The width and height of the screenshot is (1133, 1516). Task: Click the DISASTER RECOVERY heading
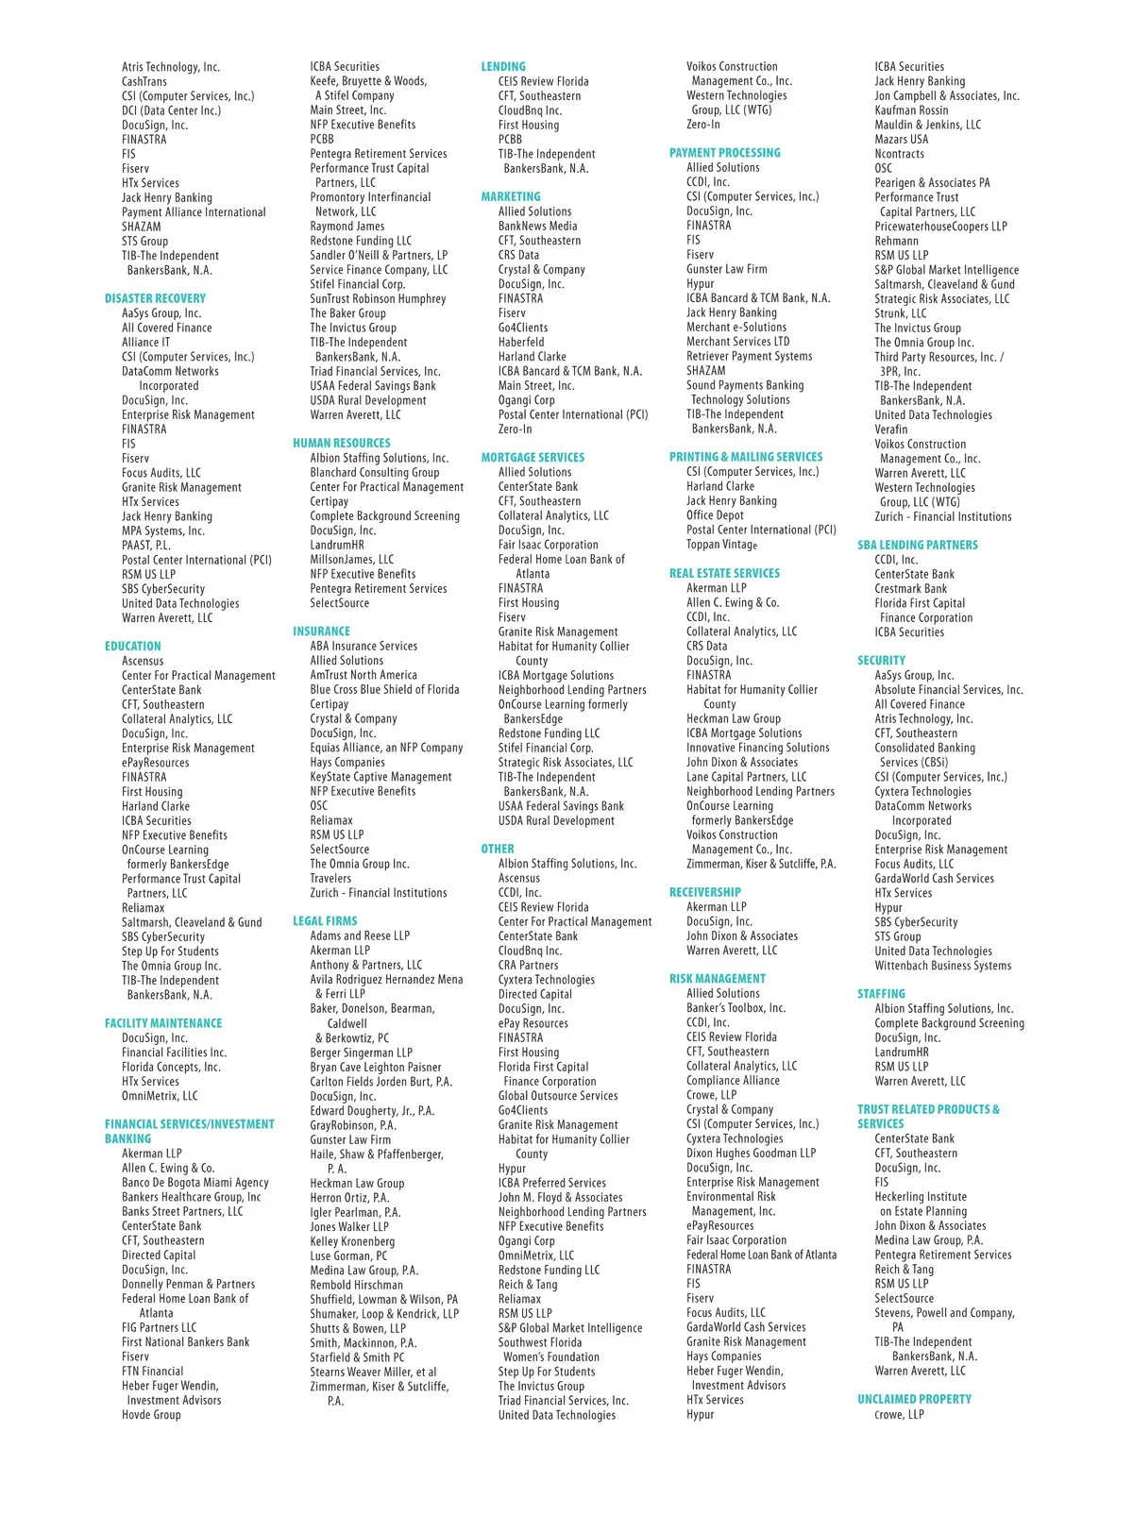pyautogui.click(x=155, y=298)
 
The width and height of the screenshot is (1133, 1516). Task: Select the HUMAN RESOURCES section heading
pyautogui.click(x=341, y=443)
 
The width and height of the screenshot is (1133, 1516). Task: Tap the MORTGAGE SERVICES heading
pyautogui.click(x=533, y=457)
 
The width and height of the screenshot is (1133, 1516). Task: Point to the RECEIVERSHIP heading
pyautogui.click(x=704, y=892)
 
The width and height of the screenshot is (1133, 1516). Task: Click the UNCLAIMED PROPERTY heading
pyautogui.click(x=914, y=1399)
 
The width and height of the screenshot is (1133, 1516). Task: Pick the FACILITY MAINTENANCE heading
pyautogui.click(x=163, y=1023)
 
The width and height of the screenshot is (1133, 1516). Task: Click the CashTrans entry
pyautogui.click(x=144, y=81)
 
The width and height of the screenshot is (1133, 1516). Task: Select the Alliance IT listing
pyautogui.click(x=146, y=342)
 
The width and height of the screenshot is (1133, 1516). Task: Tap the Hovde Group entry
pyautogui.click(x=151, y=1414)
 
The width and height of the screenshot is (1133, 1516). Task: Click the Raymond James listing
pyautogui.click(x=347, y=226)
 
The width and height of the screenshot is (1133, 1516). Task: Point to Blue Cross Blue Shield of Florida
pyautogui.click(x=384, y=689)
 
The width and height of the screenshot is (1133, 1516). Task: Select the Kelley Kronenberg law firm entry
pyautogui.click(x=352, y=1240)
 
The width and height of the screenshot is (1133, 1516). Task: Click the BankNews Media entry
pyautogui.click(x=537, y=226)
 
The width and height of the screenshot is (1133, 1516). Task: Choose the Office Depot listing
pyautogui.click(x=715, y=514)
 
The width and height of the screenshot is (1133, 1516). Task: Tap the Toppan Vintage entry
pyautogui.click(x=721, y=544)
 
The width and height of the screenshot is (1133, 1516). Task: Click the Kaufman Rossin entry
pyautogui.click(x=911, y=109)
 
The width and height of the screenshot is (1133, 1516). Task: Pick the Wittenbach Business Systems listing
pyautogui.click(x=942, y=965)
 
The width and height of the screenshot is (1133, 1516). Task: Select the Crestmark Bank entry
pyautogui.click(x=910, y=588)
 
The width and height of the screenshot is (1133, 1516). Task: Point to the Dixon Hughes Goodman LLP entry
pyautogui.click(x=751, y=1153)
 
